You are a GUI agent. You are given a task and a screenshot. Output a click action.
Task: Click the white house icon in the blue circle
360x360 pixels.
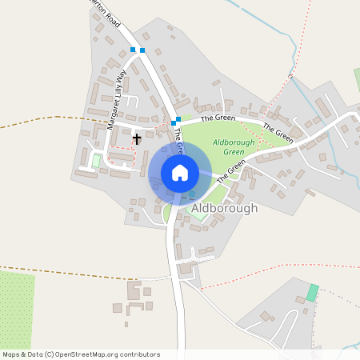pos(180,172)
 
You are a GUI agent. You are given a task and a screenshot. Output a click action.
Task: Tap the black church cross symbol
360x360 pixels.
pos(137,138)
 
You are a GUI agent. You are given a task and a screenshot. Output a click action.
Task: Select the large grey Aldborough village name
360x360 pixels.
pos(226,208)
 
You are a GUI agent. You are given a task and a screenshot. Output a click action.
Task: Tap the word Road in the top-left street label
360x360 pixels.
pos(111,18)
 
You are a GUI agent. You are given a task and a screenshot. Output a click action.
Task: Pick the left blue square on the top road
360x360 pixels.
pos(133,50)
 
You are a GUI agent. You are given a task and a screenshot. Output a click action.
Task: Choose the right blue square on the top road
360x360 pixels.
pos(142,50)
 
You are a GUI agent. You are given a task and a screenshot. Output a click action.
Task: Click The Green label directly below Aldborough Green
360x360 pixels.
pos(230,170)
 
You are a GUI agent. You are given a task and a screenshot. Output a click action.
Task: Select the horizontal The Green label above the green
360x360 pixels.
pos(218,118)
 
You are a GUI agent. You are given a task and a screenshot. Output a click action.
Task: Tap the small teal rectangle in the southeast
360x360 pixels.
pos(312,293)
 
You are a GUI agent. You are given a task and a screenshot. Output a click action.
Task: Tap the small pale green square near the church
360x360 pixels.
pos(97,161)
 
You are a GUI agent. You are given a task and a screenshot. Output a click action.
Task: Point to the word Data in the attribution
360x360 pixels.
pos(35,354)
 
